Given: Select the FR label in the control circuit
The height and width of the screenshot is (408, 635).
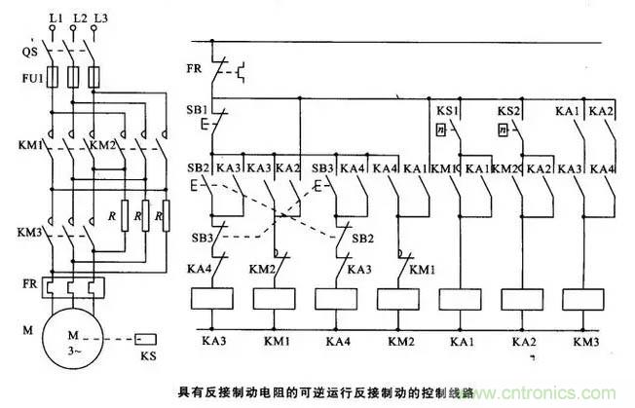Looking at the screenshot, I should point(195,68).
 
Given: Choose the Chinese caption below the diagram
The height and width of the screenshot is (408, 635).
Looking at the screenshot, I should point(312,390).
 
